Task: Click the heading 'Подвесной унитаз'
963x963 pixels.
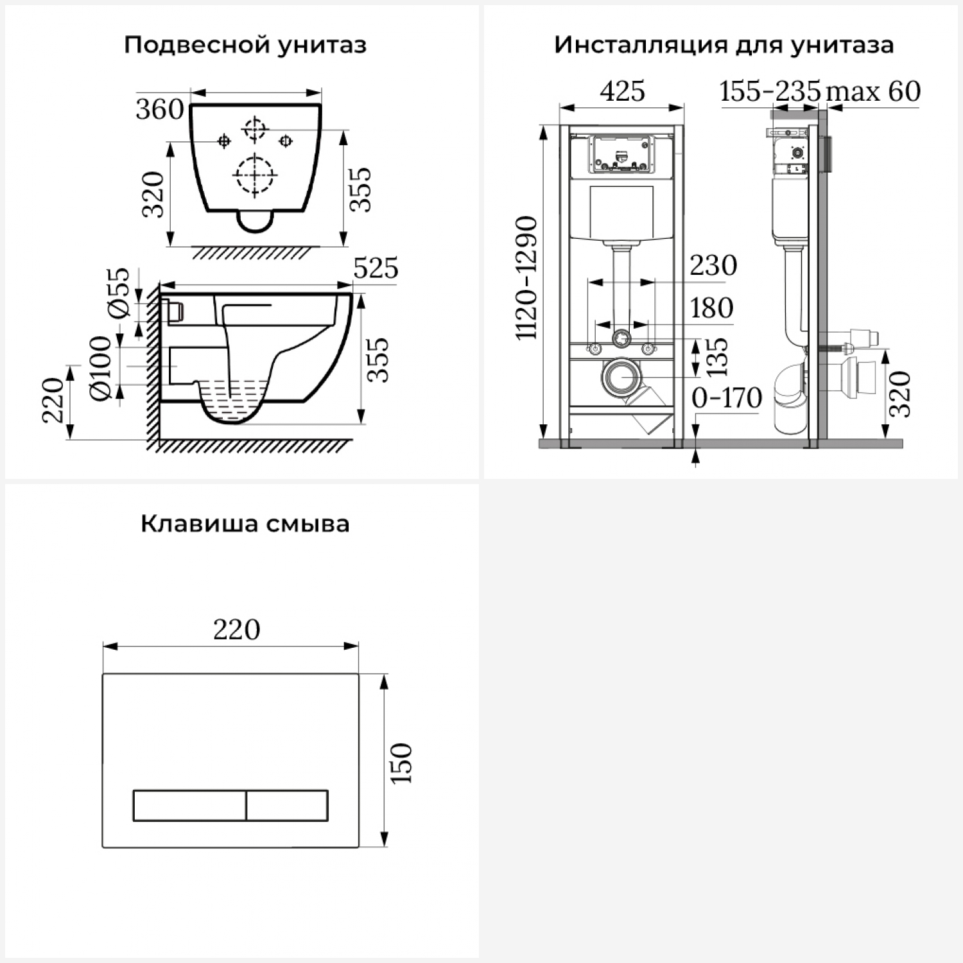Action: click(x=245, y=45)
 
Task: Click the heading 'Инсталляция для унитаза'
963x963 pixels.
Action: click(x=724, y=45)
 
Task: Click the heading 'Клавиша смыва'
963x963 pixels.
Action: click(x=245, y=523)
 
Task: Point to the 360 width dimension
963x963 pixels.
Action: click(x=159, y=110)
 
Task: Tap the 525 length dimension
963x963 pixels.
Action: click(x=376, y=268)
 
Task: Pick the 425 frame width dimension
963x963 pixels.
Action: click(x=622, y=91)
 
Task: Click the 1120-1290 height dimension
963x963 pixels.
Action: click(x=526, y=278)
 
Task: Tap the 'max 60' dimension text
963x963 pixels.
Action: click(x=873, y=91)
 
